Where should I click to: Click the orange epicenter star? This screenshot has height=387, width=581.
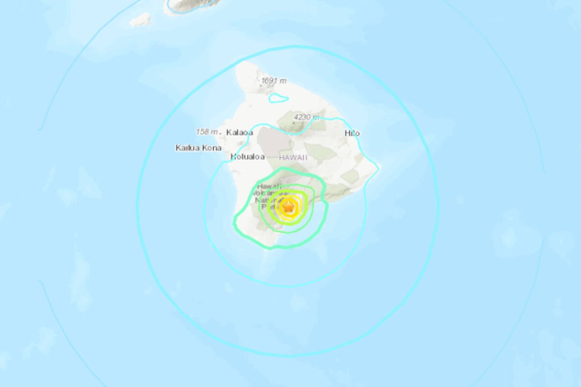289,207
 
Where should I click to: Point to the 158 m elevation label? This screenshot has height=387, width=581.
207,132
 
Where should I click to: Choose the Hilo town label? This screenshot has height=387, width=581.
352,133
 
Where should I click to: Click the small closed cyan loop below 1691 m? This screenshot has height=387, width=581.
278,99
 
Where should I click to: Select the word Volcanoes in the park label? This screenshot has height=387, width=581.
266,193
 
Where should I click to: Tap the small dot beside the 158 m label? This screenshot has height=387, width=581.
221,132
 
